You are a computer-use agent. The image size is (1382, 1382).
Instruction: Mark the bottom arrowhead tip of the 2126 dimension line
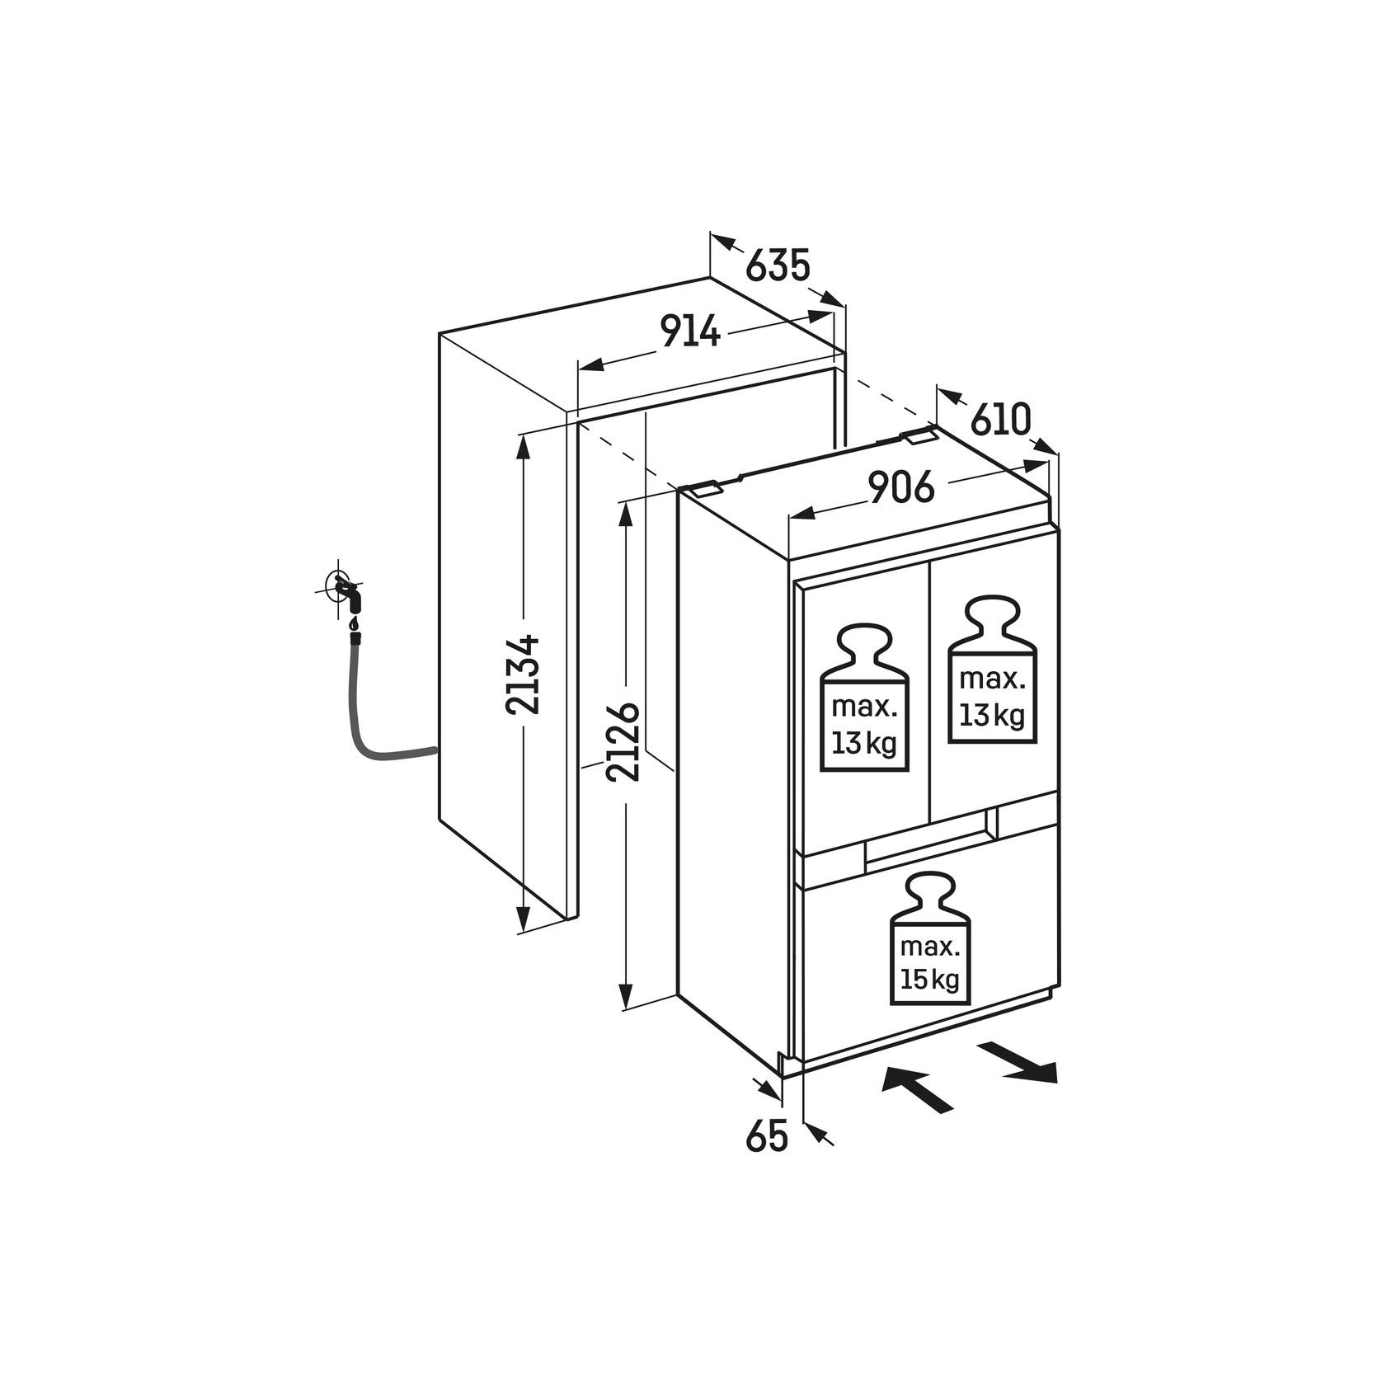click(x=626, y=1007)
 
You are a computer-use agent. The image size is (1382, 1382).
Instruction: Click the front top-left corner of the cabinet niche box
click(x=440, y=334)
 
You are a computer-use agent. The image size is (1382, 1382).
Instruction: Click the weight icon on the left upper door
click(x=864, y=697)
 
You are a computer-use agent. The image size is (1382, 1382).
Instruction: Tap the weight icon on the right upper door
click(x=991, y=670)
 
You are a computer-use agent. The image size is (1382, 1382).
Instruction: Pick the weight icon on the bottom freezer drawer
click(x=930, y=941)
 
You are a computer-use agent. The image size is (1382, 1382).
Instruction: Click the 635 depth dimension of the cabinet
click(x=778, y=265)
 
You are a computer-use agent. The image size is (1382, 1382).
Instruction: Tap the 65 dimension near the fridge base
click(x=768, y=1137)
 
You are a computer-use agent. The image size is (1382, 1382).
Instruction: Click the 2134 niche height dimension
click(x=523, y=674)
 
